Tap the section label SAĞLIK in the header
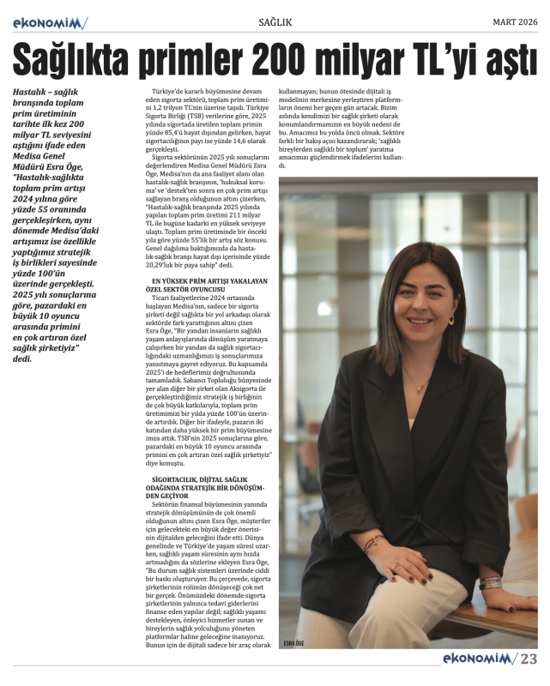(274, 21)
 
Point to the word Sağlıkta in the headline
(71, 59)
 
